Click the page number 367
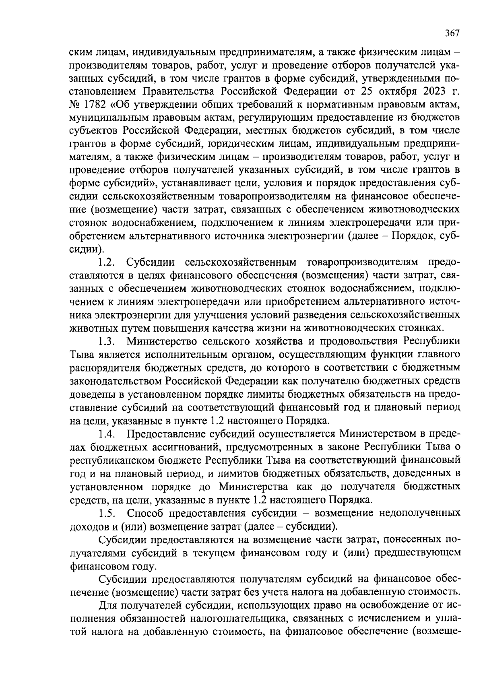(452, 33)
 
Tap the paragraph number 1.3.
(107, 342)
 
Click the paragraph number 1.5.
(107, 514)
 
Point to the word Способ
(145, 514)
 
